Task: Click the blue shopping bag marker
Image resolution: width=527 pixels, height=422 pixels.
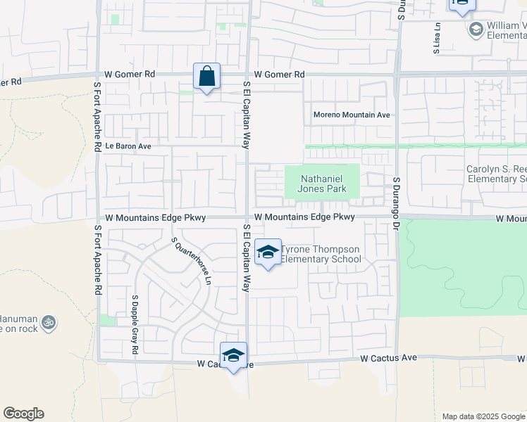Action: click(x=206, y=76)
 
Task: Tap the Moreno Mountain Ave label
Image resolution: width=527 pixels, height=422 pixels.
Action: click(x=352, y=115)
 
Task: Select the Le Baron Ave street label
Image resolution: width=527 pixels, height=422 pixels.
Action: click(x=128, y=146)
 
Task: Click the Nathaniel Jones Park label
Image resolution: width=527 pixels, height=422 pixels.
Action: click(x=323, y=184)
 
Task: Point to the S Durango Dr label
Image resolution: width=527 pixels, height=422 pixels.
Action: click(x=396, y=196)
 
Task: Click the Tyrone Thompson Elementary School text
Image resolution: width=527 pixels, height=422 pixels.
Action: click(x=321, y=255)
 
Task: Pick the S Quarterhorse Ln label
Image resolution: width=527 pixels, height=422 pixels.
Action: click(x=192, y=260)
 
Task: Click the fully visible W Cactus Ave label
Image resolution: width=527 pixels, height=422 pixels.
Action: click(x=389, y=358)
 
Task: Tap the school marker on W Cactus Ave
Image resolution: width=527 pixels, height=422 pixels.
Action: click(x=233, y=356)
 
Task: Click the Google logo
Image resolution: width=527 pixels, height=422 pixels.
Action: click(x=23, y=414)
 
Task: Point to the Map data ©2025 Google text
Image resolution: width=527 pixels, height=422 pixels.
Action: click(x=483, y=416)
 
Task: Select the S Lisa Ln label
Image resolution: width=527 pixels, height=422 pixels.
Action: click(x=437, y=39)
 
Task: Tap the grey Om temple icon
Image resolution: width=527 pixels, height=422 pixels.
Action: click(x=48, y=322)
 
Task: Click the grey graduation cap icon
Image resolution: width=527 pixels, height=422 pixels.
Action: click(x=476, y=30)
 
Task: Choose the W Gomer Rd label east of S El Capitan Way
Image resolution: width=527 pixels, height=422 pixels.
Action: click(x=280, y=74)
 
